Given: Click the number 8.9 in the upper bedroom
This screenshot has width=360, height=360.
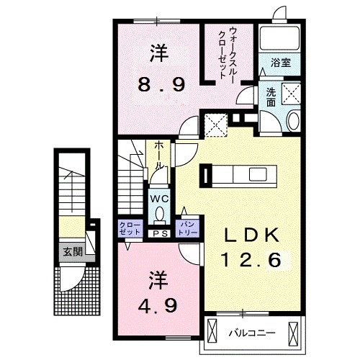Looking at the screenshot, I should pos(162,84).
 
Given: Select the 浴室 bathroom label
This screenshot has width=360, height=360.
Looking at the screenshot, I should pos(281,63).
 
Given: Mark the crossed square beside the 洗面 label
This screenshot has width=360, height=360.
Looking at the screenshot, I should pos(291,94).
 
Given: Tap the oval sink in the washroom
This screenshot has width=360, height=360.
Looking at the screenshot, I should pos(293,121).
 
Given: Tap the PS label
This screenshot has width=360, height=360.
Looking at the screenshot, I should pos(159,234).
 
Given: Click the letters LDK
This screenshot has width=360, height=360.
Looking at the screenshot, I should pos(252,235).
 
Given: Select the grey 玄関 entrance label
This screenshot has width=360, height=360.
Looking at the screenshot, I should pos(71,252).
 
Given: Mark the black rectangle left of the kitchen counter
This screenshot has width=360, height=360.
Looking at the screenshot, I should pos(207,175).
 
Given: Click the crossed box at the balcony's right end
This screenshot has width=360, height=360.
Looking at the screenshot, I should pos(293,332).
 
